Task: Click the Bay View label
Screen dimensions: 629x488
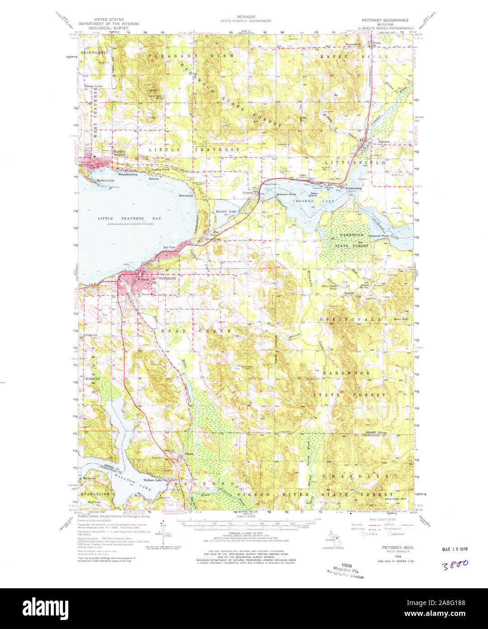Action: pos(169,248)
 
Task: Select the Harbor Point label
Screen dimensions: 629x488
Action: pos(105,181)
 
